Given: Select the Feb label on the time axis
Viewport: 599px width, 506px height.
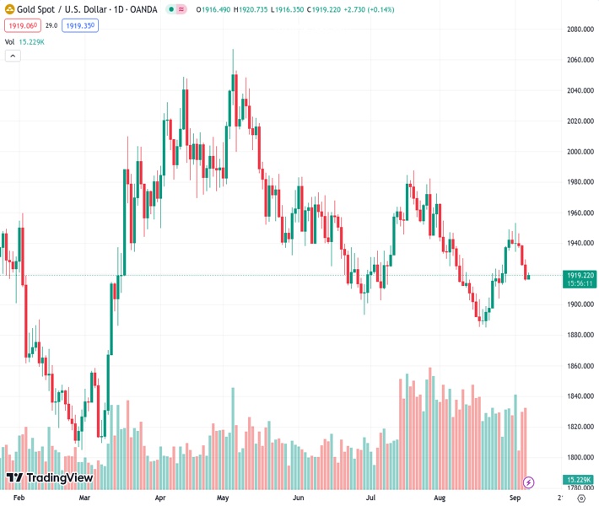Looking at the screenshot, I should (x=20, y=498).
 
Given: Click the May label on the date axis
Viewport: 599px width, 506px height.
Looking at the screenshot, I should (x=224, y=498).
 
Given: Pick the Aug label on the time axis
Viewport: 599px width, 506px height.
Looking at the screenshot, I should (x=439, y=498).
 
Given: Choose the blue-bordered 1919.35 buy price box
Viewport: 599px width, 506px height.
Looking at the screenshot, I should (x=80, y=26).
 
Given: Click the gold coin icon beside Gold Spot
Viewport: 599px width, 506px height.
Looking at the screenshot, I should (x=9, y=9).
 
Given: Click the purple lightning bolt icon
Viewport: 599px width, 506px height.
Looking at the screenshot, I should (x=529, y=482).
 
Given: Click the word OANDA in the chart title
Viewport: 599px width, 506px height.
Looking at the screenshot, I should (x=143, y=9).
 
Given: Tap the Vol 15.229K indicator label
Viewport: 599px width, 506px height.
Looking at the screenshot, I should (x=24, y=41).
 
